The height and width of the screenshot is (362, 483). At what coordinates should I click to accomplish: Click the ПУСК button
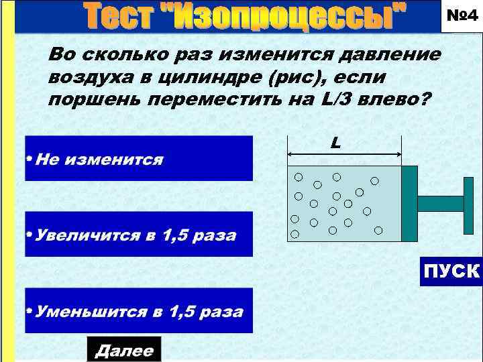point(451,271)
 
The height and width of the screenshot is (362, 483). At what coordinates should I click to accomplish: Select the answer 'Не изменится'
point(139,159)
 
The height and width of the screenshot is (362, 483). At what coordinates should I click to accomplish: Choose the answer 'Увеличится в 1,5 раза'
point(139,235)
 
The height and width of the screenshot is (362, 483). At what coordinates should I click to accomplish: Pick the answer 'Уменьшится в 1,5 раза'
point(139,311)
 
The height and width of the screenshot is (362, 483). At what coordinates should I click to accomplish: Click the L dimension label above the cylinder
point(335,143)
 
